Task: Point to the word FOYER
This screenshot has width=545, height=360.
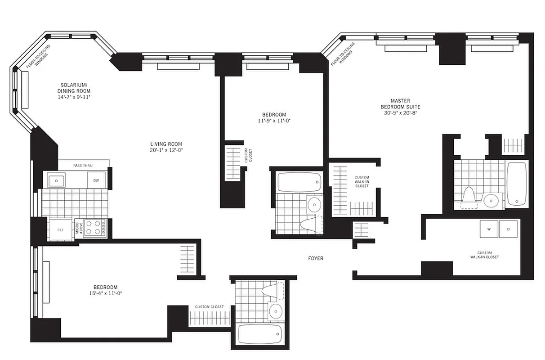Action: coord(316,258)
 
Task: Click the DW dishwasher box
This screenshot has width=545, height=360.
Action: coord(96,180)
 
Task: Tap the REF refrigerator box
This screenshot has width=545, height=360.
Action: coord(60,229)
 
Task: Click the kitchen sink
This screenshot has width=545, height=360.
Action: coord(57,180)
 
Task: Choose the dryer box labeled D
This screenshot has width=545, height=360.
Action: coord(509,229)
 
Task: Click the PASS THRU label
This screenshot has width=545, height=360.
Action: coord(83,166)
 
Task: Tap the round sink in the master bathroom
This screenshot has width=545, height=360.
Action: coord(492,199)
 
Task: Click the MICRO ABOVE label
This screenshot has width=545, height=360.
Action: coord(78,228)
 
